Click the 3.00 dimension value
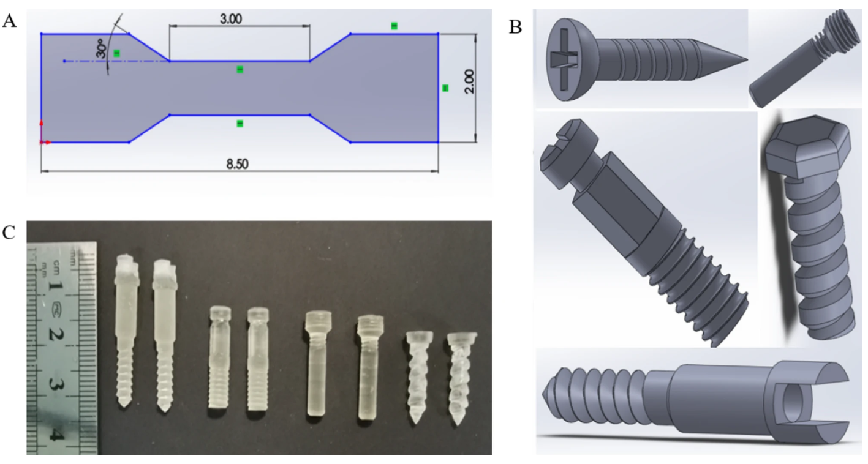tap(230, 18)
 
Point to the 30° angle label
tap(101, 48)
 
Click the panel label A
tap(9, 22)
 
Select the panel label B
tap(516, 27)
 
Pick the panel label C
tap(9, 233)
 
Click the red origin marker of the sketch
tap(42, 141)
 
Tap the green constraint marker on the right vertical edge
tap(445, 88)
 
